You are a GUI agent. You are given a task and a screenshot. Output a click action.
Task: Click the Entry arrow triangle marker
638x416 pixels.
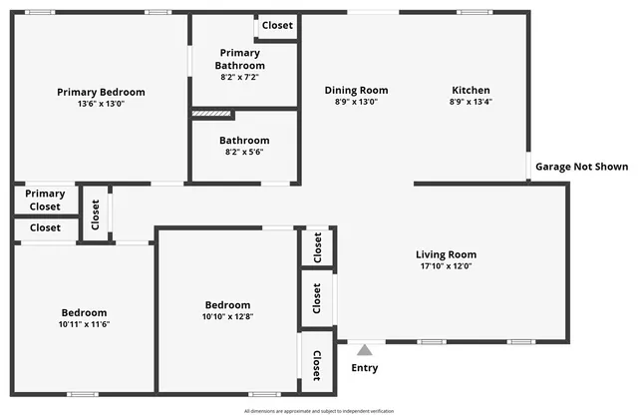[365, 350]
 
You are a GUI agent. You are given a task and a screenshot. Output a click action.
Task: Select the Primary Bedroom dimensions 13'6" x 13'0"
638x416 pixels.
[102, 104]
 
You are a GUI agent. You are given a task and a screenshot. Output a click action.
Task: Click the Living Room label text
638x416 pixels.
[446, 254]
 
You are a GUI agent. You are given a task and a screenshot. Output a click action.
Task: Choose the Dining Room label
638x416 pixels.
[356, 91]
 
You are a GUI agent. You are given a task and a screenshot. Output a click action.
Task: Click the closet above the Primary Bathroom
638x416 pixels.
[277, 26]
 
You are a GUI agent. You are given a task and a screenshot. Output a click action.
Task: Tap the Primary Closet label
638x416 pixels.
[45, 201]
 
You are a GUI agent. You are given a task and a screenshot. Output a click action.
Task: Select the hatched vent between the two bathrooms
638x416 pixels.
[211, 114]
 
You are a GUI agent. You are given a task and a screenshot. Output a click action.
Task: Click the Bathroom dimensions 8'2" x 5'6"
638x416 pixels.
[244, 153]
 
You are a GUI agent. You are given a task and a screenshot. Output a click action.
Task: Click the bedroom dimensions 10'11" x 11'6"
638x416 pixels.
[83, 324]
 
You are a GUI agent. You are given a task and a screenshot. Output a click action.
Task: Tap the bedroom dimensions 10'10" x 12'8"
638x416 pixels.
[227, 317]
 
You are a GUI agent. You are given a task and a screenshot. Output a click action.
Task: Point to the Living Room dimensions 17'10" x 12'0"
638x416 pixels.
[446, 266]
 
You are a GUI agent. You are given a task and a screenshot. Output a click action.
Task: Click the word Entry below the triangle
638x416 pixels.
[365, 368]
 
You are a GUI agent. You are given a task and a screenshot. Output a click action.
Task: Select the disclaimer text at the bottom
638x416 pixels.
[319, 410]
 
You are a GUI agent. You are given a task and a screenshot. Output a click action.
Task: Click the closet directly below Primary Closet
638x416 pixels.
[45, 227]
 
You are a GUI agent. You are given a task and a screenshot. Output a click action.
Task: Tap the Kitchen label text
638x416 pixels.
[471, 91]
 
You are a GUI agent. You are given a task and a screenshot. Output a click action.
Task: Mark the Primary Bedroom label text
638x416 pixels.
[102, 92]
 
